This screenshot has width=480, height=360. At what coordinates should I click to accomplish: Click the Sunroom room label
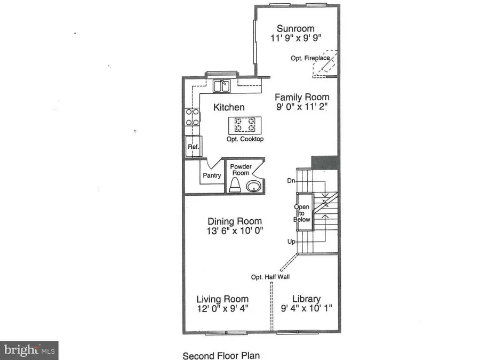295,28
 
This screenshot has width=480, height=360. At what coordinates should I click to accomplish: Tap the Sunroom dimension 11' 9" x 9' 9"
295,38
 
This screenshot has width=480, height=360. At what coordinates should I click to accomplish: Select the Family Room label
302,97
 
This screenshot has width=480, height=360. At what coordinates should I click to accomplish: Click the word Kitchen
229,107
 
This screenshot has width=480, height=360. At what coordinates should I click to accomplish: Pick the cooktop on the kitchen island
244,125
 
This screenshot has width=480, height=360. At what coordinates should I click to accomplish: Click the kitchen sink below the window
221,86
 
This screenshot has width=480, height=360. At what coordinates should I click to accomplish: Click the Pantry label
212,175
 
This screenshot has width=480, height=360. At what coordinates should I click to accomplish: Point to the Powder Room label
241,170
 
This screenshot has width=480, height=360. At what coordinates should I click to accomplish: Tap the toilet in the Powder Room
235,185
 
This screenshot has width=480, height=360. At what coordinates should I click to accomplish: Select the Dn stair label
291,180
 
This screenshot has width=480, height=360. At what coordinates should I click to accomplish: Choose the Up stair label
291,242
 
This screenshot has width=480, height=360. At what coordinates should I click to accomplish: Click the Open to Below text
302,213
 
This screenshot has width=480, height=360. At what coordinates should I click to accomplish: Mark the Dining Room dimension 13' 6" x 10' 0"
234,230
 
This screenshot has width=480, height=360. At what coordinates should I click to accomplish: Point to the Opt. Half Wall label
271,277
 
